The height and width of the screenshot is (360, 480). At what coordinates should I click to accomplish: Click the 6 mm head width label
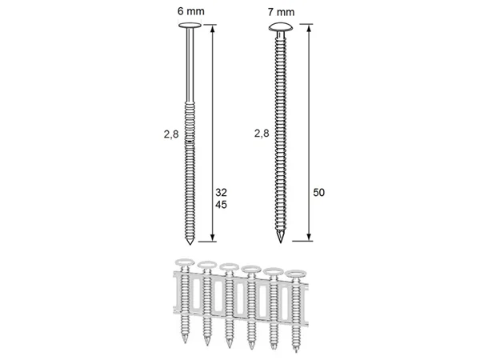[190, 11]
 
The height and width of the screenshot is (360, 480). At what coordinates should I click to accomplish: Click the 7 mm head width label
[281, 12]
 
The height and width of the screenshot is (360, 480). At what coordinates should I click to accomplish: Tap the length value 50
[318, 193]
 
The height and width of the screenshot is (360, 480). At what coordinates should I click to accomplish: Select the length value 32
[221, 193]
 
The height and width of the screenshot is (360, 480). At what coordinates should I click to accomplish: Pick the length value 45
[221, 205]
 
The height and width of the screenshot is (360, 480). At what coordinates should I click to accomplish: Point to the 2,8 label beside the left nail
[171, 134]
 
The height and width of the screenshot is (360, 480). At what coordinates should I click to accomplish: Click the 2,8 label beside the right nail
[262, 133]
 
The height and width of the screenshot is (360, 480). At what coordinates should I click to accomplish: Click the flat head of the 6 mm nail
[190, 25]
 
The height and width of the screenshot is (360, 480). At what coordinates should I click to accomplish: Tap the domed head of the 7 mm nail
[281, 27]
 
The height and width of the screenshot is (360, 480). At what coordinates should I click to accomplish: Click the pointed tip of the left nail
[190, 244]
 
